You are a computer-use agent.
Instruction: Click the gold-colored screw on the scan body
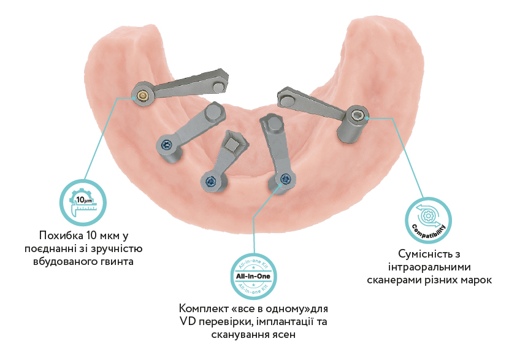142,95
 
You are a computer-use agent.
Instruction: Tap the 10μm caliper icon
83,202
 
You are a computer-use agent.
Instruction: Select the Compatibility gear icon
429,220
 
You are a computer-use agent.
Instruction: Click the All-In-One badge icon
253,276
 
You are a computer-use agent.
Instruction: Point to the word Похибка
59,235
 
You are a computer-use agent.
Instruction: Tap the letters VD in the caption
187,321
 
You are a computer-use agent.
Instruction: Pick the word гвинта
118,262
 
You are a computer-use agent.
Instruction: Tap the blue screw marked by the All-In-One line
286,178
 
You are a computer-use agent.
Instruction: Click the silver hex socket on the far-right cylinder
356,115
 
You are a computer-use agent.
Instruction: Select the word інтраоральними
429,267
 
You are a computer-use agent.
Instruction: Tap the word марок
476,280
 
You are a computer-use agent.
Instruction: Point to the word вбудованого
66,262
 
